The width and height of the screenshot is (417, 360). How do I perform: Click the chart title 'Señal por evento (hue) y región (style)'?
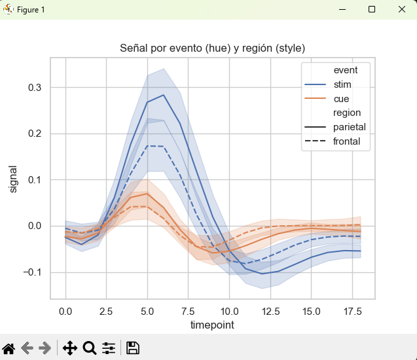pyautogui.click(x=213, y=48)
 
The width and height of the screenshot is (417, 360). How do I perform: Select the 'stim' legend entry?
pyautogui.click(x=342, y=84)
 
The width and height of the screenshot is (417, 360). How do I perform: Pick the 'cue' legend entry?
pyautogui.click(x=341, y=99)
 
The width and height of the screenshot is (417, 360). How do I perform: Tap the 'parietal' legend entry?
pyautogui.click(x=349, y=127)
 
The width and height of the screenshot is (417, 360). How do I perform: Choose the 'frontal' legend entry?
pyautogui.click(x=346, y=141)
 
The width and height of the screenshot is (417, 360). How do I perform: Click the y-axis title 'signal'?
pyautogui.click(x=13, y=178)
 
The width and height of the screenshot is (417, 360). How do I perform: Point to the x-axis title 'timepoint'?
pyautogui.click(x=213, y=325)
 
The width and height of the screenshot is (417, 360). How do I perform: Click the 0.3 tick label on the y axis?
pyautogui.click(x=34, y=88)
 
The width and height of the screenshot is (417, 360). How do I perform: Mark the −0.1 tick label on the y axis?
pyautogui.click(x=31, y=272)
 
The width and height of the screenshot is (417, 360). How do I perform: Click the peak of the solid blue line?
pyautogui.click(x=164, y=95)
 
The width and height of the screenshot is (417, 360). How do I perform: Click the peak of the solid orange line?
pyautogui.click(x=147, y=193)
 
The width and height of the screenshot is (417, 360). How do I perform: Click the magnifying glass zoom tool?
pyautogui.click(x=90, y=348)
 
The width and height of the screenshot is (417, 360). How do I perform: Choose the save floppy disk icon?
pyautogui.click(x=132, y=348)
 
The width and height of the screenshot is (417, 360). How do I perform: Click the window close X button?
pyautogui.click(x=402, y=10)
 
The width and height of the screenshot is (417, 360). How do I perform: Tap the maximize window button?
pyautogui.click(x=372, y=10)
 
